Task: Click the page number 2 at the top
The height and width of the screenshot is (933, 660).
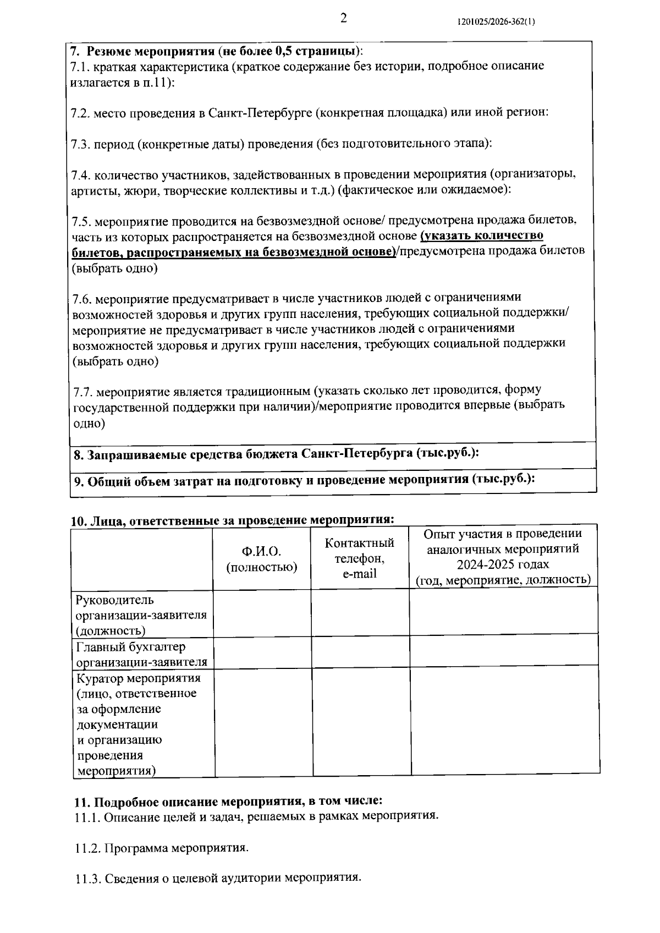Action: tap(343, 19)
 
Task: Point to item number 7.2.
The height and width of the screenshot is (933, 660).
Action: tap(80, 113)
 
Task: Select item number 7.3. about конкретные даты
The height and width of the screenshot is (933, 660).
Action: tap(80, 144)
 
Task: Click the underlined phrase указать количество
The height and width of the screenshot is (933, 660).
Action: tap(482, 236)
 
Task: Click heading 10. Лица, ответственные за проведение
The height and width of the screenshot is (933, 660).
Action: tap(234, 520)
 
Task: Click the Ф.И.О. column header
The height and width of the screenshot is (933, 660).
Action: tap(262, 559)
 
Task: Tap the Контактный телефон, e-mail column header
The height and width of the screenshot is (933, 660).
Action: tap(360, 558)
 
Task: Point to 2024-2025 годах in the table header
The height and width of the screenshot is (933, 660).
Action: tap(503, 564)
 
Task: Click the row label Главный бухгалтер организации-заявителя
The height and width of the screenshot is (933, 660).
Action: tap(141, 654)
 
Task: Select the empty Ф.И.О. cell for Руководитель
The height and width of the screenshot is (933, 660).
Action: tap(262, 613)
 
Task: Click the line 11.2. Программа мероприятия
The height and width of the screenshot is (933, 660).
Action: tap(162, 848)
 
